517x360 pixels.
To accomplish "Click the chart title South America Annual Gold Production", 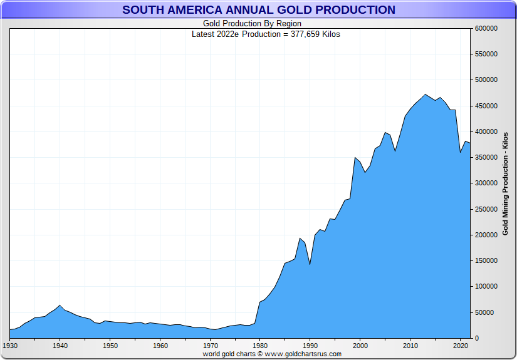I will [x=258, y=10].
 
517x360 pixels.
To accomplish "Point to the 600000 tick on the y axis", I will [x=487, y=29].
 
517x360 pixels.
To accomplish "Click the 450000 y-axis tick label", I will [x=487, y=106].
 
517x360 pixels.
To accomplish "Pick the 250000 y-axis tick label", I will [x=487, y=209].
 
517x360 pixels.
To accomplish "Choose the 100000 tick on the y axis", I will [x=487, y=287].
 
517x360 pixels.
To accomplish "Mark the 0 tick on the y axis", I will [x=477, y=338].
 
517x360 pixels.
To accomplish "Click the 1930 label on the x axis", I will [x=10, y=346].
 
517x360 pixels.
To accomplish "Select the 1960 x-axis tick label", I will [x=160, y=346].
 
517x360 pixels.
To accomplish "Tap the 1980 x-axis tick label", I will [x=260, y=346].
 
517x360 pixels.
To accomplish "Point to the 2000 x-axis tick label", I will [x=360, y=346].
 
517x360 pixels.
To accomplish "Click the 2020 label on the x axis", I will [x=461, y=346].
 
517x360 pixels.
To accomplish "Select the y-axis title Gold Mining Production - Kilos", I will [x=505, y=183].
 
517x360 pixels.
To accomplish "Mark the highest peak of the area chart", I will [x=426, y=95].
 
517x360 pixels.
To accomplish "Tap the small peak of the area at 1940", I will [x=60, y=306].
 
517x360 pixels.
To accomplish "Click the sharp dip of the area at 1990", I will [x=310, y=264].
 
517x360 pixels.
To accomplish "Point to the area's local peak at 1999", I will [x=355, y=157].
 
